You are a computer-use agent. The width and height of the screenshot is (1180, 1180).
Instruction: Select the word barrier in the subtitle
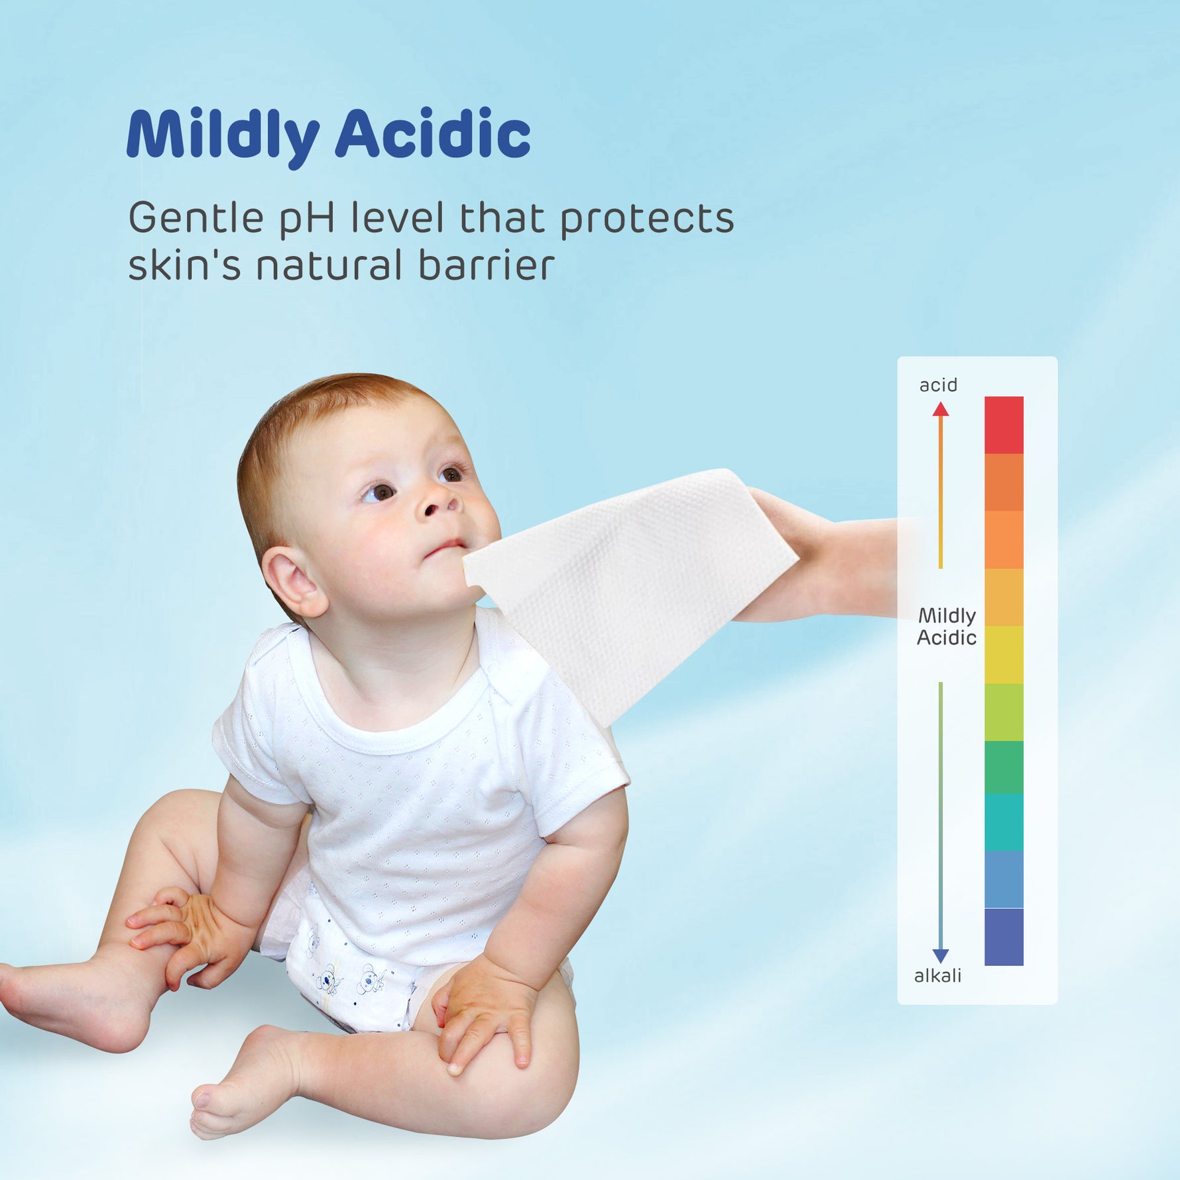coord(486,265)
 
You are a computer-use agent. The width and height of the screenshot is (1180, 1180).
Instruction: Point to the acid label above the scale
coord(938,385)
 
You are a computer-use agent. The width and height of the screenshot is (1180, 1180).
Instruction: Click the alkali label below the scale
coord(937,975)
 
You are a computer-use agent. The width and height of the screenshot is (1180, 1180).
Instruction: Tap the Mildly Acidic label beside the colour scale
coord(947,626)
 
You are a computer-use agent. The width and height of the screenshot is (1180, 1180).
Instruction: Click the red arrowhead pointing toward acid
coord(941,409)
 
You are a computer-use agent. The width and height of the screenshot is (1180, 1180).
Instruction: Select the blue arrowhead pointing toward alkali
coord(941,956)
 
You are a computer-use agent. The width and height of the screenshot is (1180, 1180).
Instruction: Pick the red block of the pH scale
coord(1004,425)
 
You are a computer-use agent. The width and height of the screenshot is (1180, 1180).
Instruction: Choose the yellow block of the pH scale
coord(1004,655)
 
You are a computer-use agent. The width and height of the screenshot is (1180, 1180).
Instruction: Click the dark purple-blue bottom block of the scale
coord(1004,937)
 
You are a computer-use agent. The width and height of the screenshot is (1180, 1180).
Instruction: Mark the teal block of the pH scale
coord(1004,823)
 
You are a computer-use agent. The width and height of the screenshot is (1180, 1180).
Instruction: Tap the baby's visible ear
coord(294,581)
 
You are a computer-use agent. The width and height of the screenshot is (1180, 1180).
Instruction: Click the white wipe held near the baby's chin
coord(630,583)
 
